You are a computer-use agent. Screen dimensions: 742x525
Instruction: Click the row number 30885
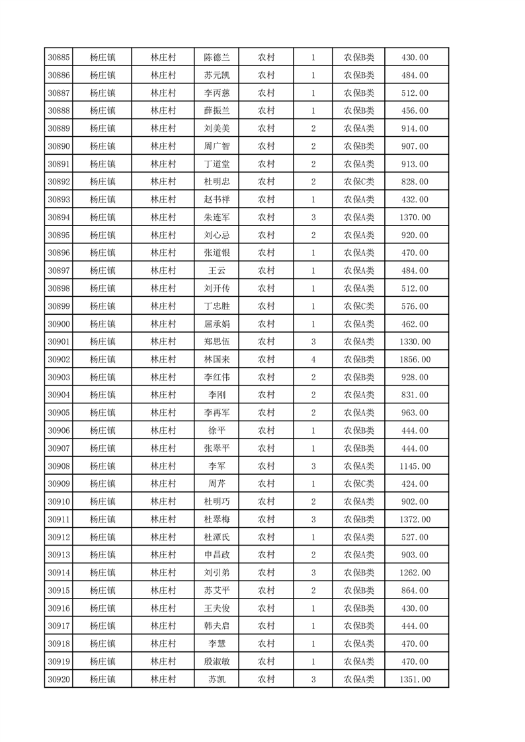pyautogui.click(x=59, y=58)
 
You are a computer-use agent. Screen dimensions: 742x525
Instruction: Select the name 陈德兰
pyautogui.click(x=217, y=58)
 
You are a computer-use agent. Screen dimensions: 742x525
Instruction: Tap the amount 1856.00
pyautogui.click(x=415, y=359)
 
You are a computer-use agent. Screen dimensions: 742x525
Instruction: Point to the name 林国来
pyautogui.click(x=217, y=359)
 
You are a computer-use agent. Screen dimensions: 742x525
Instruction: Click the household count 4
pyautogui.click(x=313, y=359)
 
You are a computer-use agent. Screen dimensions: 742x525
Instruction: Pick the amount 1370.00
pyautogui.click(x=415, y=217)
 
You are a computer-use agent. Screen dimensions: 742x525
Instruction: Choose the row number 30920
pyautogui.click(x=59, y=679)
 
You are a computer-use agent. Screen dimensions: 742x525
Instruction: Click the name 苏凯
pyautogui.click(x=217, y=679)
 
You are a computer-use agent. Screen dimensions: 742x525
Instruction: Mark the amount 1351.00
pyautogui.click(x=415, y=679)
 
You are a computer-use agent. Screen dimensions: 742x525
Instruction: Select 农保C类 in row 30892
pyautogui.click(x=359, y=182)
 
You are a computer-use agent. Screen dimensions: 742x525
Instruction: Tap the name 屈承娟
pyautogui.click(x=217, y=324)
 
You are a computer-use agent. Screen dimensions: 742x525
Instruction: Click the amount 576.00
pyautogui.click(x=415, y=306)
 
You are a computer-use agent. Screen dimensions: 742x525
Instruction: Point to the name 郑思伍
pyautogui.click(x=217, y=342)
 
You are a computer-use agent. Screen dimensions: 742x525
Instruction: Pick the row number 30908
pyautogui.click(x=59, y=466)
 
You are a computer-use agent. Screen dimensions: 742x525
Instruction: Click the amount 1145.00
pyautogui.click(x=415, y=466)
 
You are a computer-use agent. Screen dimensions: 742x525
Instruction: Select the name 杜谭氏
pyautogui.click(x=217, y=537)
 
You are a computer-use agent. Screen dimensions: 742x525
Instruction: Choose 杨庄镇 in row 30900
pyautogui.click(x=102, y=324)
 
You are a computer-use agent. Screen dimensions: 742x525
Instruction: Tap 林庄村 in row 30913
pyautogui.click(x=163, y=555)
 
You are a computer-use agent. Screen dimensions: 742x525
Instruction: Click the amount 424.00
pyautogui.click(x=415, y=484)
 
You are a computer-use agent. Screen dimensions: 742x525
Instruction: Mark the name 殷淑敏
pyautogui.click(x=217, y=661)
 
